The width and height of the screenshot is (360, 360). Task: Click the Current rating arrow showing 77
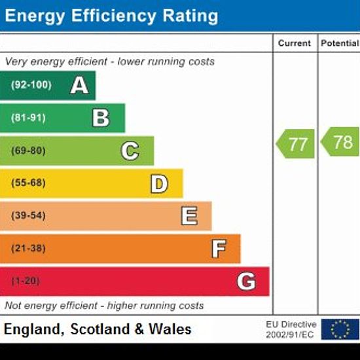[x=295, y=144]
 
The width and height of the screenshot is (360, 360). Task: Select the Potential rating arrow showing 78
[x=340, y=141]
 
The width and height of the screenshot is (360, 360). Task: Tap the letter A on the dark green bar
[x=79, y=85]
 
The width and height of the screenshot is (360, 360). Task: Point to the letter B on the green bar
[x=101, y=118]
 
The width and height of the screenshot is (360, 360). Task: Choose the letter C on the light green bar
[x=130, y=151]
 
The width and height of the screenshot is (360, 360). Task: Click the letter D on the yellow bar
[x=159, y=184]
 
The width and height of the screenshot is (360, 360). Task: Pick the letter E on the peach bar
[x=189, y=216]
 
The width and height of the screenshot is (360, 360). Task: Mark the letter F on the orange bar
[x=219, y=249]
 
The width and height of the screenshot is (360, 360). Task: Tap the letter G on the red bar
[x=246, y=281]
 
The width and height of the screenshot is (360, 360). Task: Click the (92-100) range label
[x=31, y=85]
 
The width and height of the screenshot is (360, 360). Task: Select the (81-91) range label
[x=28, y=118]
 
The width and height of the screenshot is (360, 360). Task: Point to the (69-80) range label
[x=28, y=151]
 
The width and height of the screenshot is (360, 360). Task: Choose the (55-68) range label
[x=28, y=183]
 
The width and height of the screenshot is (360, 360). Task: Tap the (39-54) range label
[x=28, y=215]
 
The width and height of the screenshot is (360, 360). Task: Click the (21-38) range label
[x=28, y=249]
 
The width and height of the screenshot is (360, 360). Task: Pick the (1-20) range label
[x=26, y=281]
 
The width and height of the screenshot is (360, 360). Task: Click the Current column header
[x=295, y=43]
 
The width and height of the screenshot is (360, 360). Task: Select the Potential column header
[x=340, y=43]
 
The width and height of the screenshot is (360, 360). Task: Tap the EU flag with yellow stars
[x=340, y=329]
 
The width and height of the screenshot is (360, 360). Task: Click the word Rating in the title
[x=190, y=16]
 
